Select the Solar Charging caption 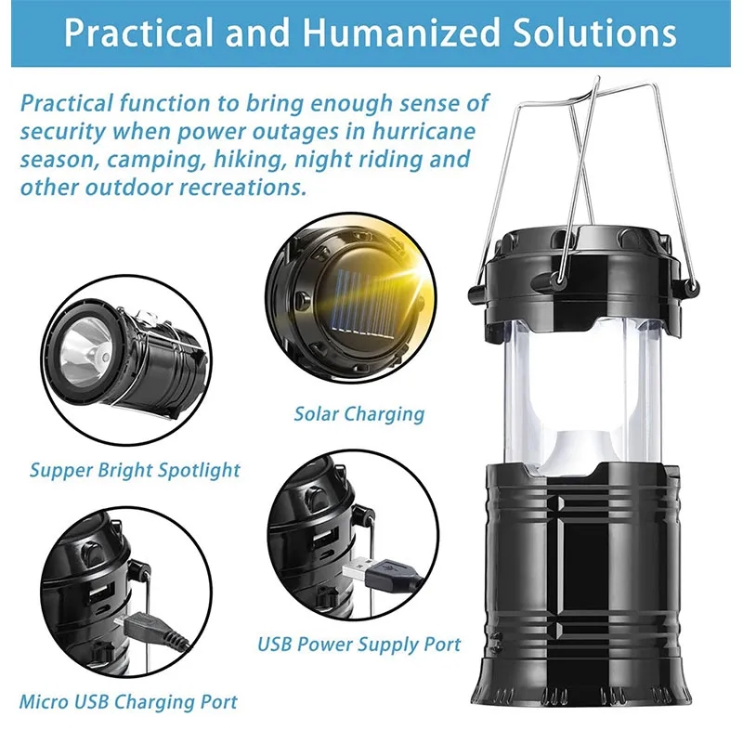point(358,414)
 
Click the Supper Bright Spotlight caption point(135,470)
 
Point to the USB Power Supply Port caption point(358,644)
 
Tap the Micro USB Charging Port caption point(128,701)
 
